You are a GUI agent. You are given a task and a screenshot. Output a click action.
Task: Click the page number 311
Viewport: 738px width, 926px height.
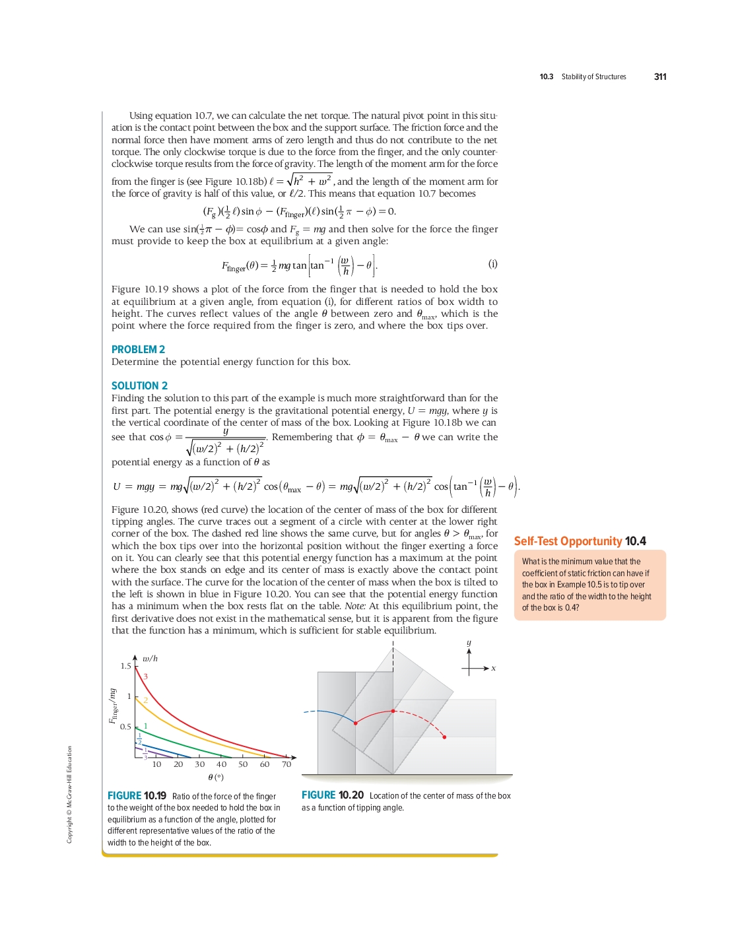[660, 77]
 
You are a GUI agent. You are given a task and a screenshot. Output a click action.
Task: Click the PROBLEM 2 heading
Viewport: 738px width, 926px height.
[138, 349]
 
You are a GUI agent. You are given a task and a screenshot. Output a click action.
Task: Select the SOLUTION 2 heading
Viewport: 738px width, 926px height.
[139, 385]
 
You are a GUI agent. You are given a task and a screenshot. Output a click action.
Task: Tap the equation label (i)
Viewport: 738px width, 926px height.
[492, 264]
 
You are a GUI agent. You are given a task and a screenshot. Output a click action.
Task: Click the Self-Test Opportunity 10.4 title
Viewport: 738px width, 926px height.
[580, 541]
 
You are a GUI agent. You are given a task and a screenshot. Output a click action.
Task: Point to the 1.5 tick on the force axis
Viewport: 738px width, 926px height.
[125, 666]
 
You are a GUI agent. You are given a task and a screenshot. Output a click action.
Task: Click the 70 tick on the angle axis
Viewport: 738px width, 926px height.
[286, 764]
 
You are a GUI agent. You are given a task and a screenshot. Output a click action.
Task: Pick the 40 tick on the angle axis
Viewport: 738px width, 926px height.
[222, 764]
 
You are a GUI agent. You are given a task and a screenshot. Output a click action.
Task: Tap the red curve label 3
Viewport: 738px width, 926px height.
[146, 677]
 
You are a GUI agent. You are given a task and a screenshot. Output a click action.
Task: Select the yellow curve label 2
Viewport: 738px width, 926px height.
[146, 700]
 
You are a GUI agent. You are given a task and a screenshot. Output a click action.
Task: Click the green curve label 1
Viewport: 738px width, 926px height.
[146, 726]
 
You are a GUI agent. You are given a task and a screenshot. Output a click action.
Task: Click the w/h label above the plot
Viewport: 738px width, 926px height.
[151, 659]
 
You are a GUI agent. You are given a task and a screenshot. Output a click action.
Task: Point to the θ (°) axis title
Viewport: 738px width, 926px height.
[216, 777]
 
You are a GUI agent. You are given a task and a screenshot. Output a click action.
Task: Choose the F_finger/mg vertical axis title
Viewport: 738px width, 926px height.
[114, 706]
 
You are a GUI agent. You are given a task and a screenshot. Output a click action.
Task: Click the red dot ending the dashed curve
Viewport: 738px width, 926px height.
[444, 737]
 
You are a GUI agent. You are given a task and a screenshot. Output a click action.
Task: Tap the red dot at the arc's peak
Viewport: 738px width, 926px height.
[393, 711]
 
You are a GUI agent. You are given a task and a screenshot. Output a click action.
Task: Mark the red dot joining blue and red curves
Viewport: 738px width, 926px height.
[356, 723]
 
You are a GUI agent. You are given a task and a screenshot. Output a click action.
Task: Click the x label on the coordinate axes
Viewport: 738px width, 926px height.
[493, 669]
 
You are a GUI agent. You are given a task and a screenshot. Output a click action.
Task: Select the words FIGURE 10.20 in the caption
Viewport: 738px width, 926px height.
[333, 795]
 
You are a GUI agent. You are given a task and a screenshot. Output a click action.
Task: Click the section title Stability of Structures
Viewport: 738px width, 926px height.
[593, 77]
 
